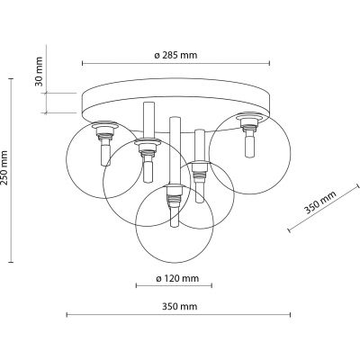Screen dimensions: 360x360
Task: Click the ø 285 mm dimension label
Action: click(x=175, y=55)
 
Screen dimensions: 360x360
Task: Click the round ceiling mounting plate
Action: click(x=175, y=101)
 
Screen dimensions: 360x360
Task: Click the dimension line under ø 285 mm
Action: click(x=175, y=65)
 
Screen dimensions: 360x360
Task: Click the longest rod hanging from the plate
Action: click(x=176, y=180)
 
